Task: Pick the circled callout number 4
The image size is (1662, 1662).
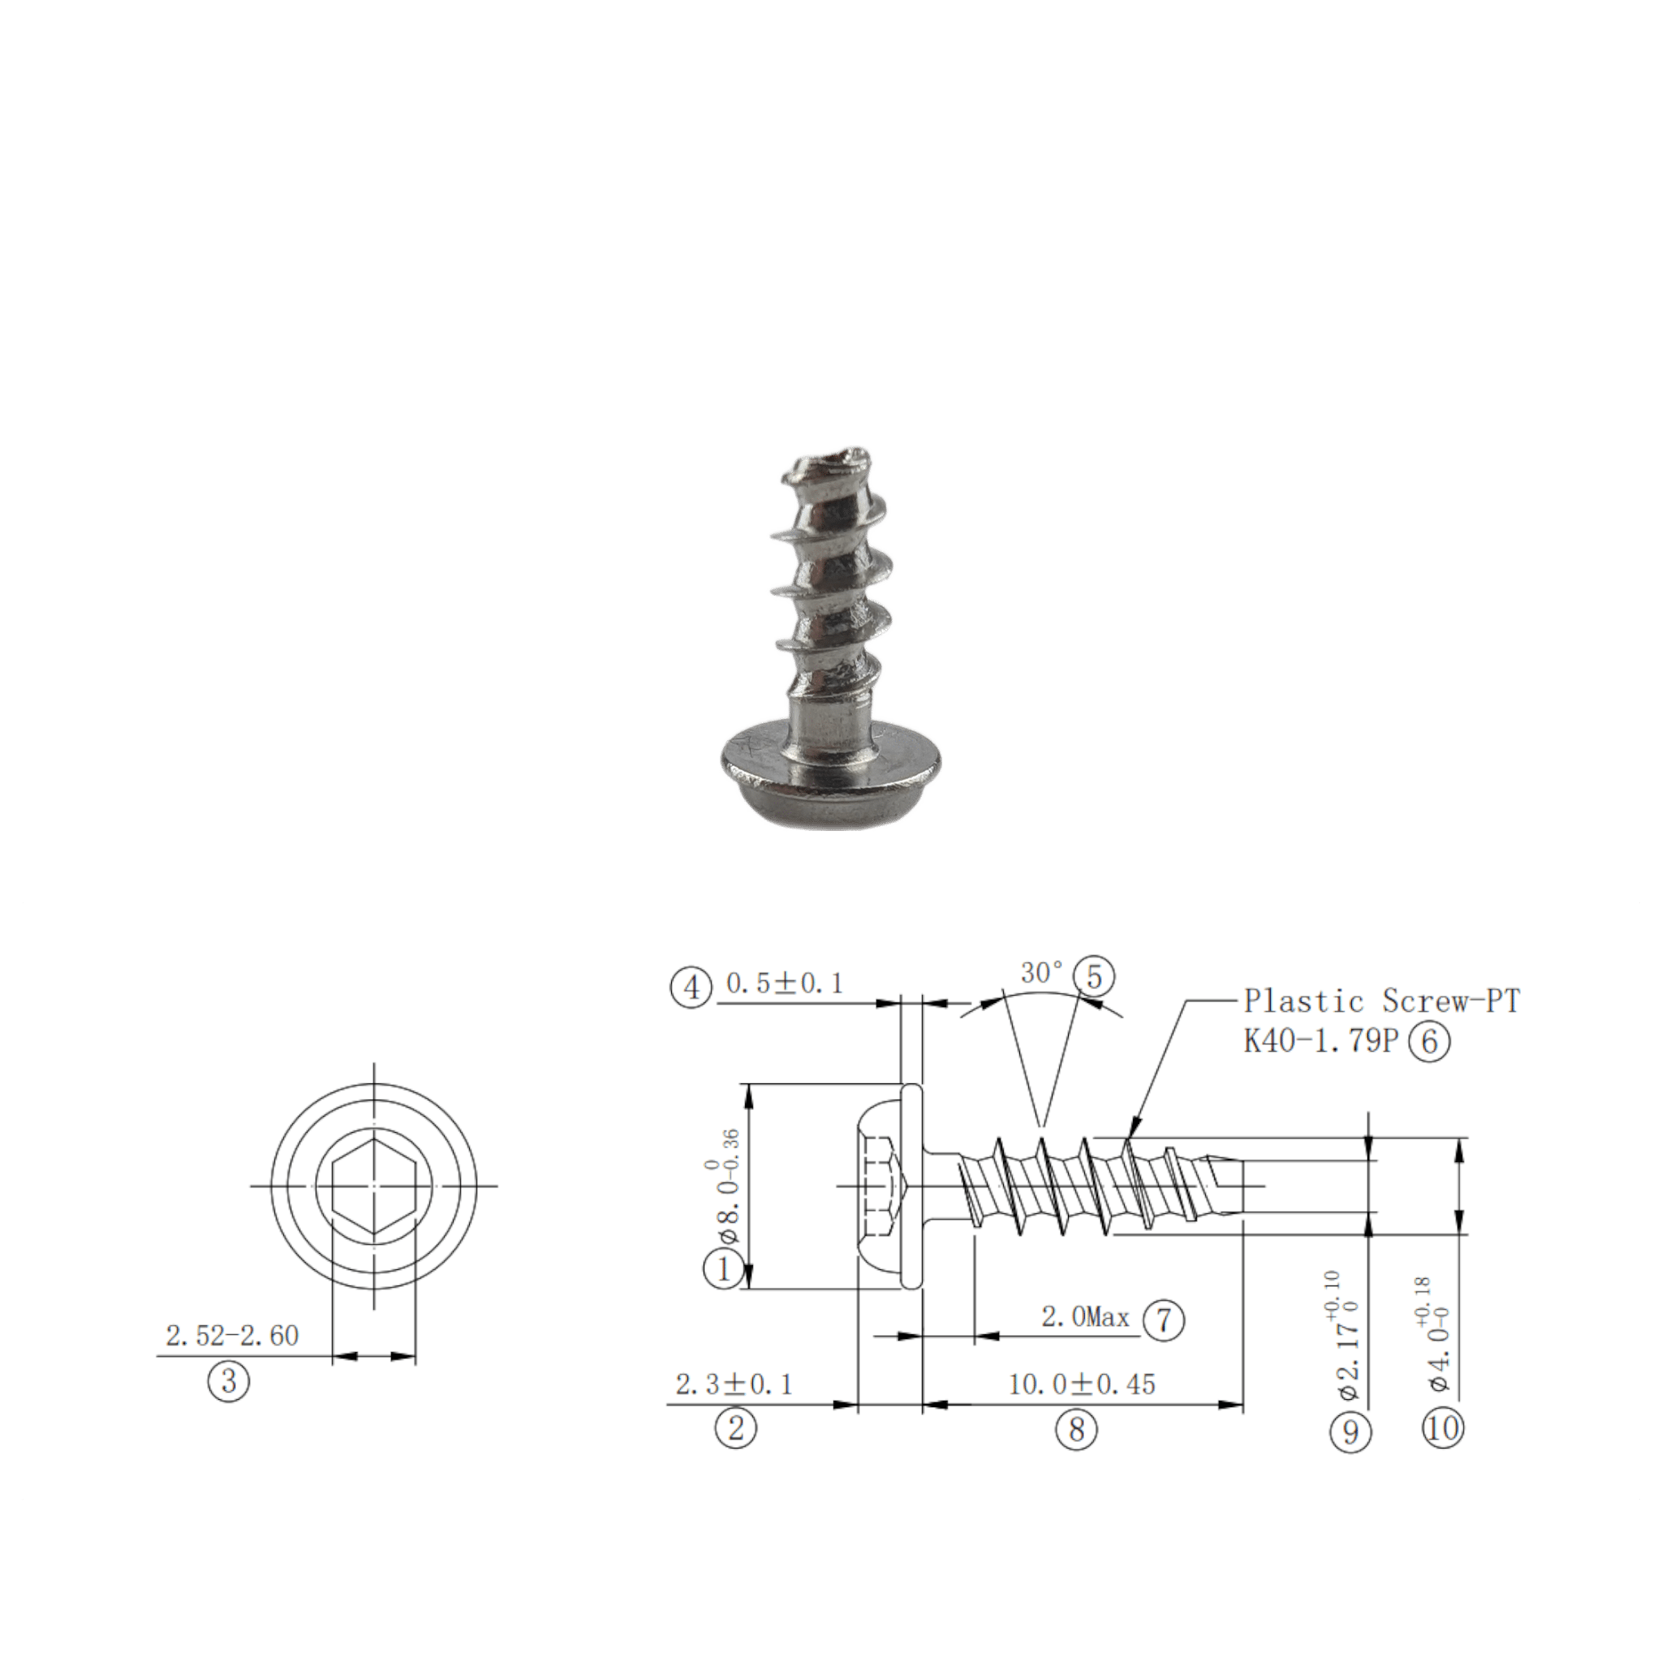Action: point(692,988)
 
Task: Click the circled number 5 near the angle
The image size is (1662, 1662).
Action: point(1094,976)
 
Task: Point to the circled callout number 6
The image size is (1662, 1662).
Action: point(1430,1042)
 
